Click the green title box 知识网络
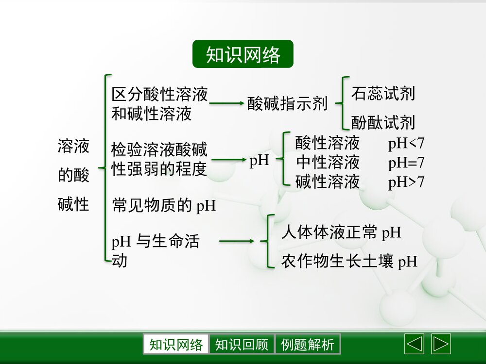point(243,54)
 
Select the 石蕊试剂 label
point(383,94)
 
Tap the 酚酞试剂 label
point(383,122)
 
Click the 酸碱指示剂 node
point(287,103)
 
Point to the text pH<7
point(406,144)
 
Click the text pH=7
point(406,163)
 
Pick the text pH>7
point(406,182)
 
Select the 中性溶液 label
point(328,162)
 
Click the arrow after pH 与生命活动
point(237,241)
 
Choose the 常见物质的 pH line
point(164,205)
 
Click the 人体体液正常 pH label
point(341,232)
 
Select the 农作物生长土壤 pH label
point(349,262)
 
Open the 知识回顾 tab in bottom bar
point(242,345)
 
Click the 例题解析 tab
point(308,345)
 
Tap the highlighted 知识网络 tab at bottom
point(176,345)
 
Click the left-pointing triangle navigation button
point(414,344)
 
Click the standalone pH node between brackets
point(259,161)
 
